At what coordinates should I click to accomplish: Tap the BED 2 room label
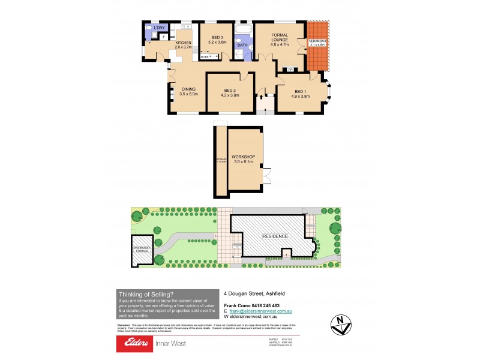click(230, 92)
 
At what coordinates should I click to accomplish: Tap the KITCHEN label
click(182, 44)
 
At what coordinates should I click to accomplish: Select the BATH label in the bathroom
click(242, 44)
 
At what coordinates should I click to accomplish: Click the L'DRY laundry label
click(159, 28)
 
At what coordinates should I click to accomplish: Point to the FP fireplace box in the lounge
click(290, 69)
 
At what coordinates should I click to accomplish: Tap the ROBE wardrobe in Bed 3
click(205, 57)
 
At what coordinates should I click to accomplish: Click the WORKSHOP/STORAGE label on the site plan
click(142, 248)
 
